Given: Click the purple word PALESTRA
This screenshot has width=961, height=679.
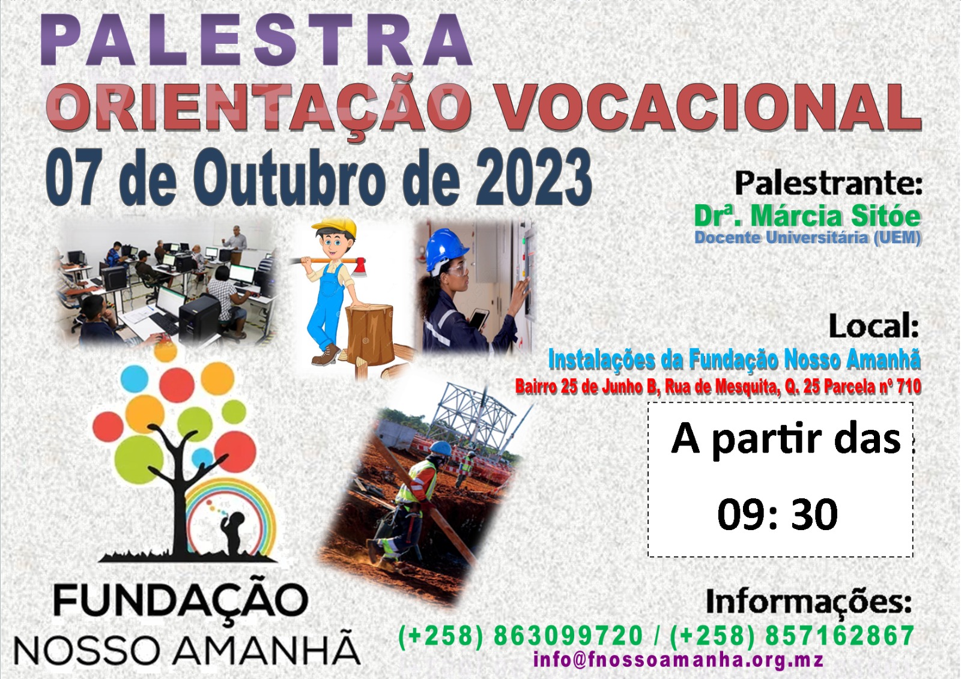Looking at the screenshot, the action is coord(256,40).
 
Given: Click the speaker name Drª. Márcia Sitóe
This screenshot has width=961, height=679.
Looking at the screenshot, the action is coord(807,216).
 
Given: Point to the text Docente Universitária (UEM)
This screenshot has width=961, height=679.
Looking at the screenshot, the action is coord(808,238).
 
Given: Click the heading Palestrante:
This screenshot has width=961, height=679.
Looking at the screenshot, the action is coord(828,183).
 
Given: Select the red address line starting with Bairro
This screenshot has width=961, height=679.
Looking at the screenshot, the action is coord(718,387).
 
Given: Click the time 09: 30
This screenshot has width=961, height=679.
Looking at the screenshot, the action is coord(777,515).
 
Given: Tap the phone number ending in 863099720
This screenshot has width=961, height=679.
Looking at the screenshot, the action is coord(520,636).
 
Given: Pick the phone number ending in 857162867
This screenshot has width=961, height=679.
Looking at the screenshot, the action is coord(792,636).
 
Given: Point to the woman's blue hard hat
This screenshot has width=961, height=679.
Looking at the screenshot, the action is coord(447,248).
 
